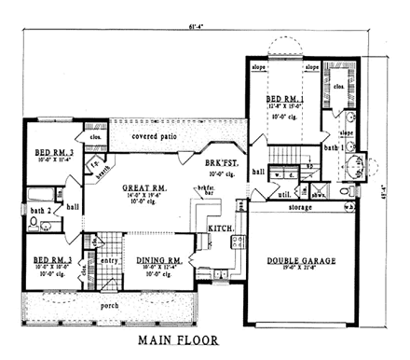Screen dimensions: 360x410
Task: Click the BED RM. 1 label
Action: coord(284,98)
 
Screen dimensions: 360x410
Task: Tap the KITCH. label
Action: coord(218,228)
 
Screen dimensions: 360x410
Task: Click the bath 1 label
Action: coord(330,147)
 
